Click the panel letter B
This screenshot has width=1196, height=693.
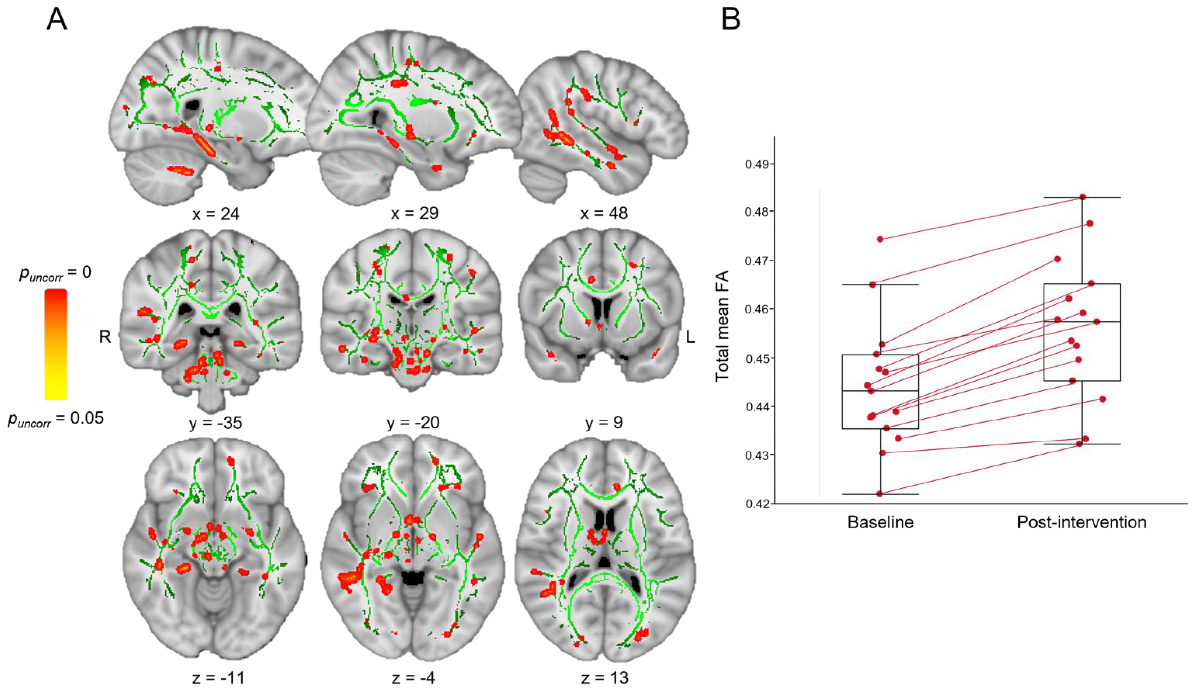click(731, 20)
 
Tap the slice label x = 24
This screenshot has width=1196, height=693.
click(215, 214)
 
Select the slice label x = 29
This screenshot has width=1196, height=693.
click(414, 214)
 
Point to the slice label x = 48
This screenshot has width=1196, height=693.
click(604, 214)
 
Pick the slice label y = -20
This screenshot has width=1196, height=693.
click(413, 422)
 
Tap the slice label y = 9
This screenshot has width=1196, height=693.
click(604, 422)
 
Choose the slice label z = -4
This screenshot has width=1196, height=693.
click(413, 678)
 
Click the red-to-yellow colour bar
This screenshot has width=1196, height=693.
click(56, 344)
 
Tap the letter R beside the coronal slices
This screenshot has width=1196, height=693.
click(105, 337)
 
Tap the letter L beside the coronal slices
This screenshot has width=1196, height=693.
click(690, 337)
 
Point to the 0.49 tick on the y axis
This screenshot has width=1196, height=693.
click(757, 164)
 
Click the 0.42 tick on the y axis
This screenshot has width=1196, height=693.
click(757, 504)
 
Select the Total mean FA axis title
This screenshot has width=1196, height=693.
click(722, 326)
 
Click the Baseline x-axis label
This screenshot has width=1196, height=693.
click(880, 523)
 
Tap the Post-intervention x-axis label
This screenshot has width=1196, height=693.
click(1081, 523)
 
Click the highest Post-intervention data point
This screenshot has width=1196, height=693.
click(1083, 197)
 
